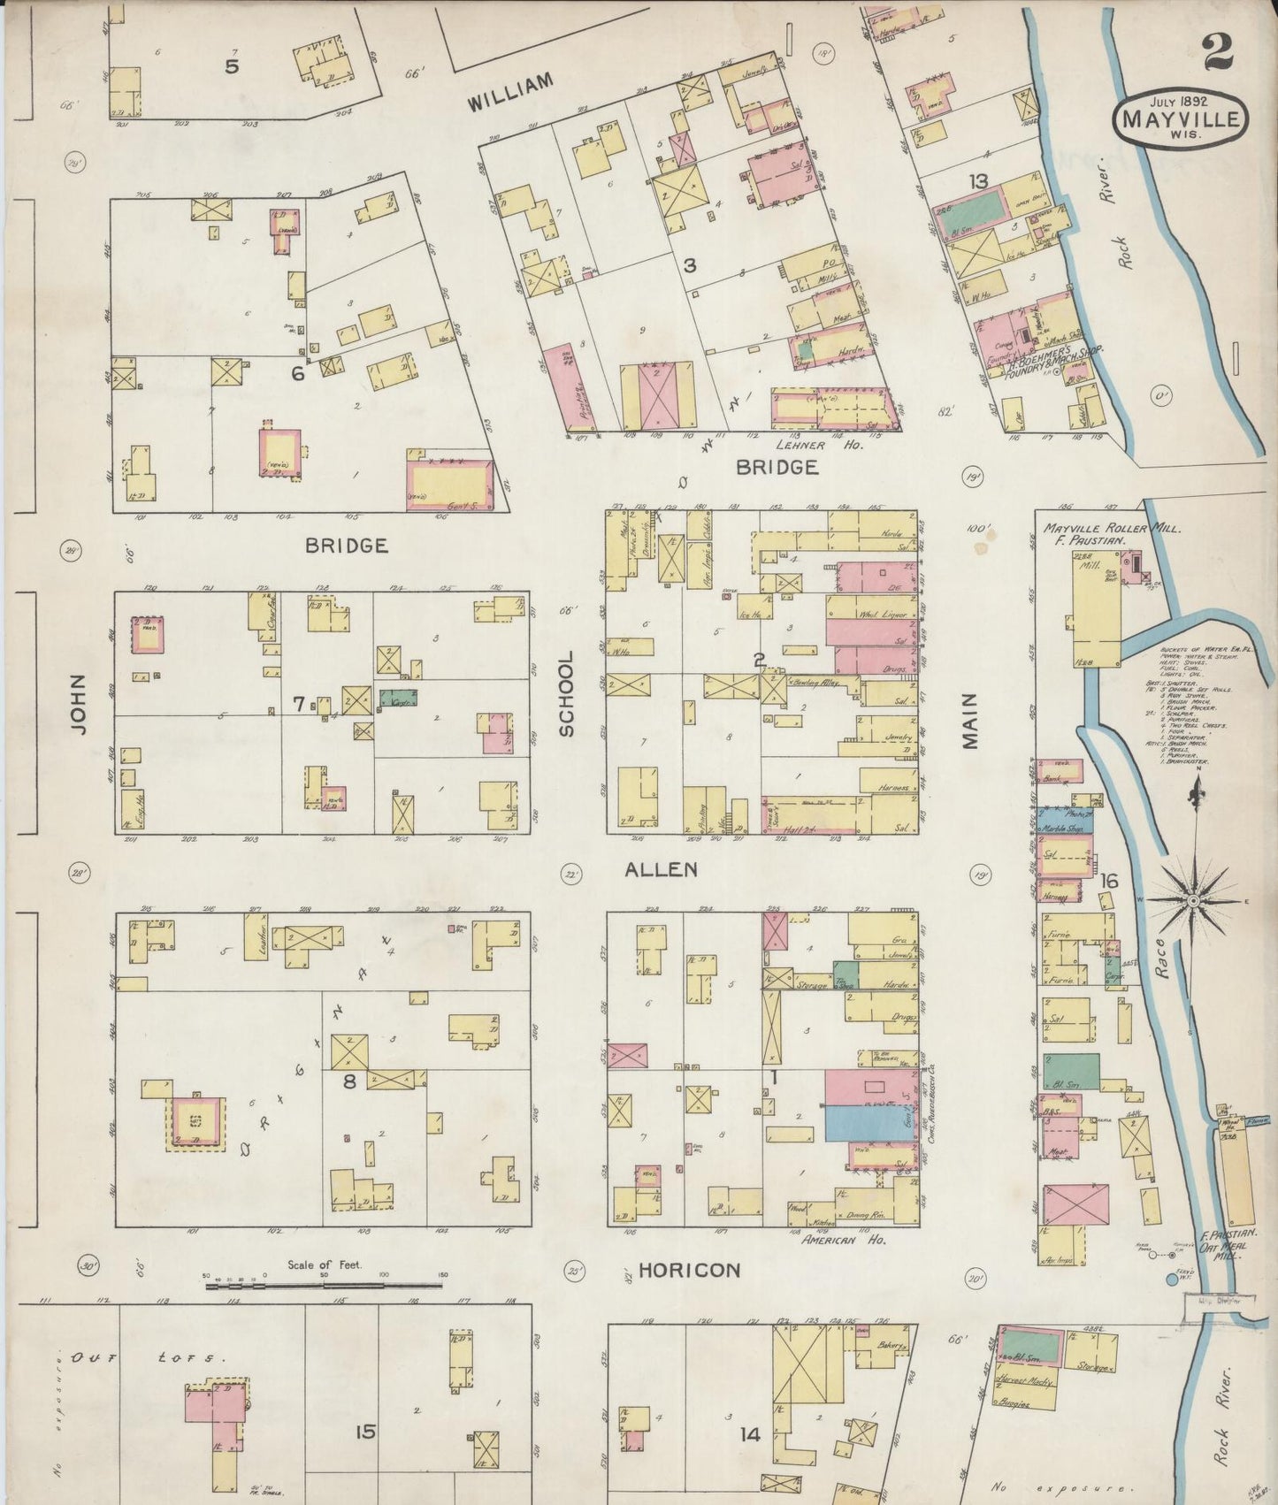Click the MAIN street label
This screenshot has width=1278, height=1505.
point(971,721)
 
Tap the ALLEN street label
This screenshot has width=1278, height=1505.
point(661,869)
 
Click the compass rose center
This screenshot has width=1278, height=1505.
point(1191,900)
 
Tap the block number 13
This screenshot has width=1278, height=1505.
point(977,181)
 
